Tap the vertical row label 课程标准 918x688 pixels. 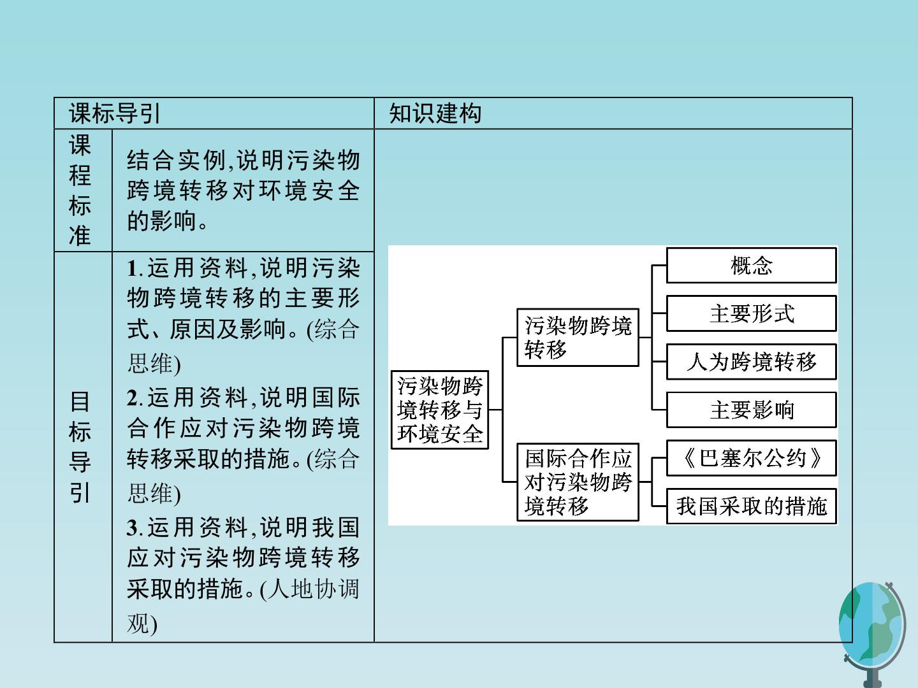pos(80,190)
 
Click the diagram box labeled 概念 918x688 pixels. pos(751,265)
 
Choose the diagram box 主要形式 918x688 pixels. pos(751,313)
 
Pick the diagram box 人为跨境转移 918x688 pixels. pos(751,362)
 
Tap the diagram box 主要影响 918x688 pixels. pos(751,410)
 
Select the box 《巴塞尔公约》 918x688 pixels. pos(751,458)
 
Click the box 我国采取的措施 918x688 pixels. pos(751,506)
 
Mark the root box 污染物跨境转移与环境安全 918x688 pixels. pos(439,410)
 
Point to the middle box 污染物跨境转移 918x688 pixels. pos(578,338)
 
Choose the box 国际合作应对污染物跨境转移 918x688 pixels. pos(578,482)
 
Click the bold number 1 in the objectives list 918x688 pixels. pos(132,268)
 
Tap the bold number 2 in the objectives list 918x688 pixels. pos(133,398)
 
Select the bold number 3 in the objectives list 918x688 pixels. pos(133,527)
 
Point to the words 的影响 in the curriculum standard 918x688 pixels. pos(161,220)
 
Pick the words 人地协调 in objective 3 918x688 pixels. pos(313,589)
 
